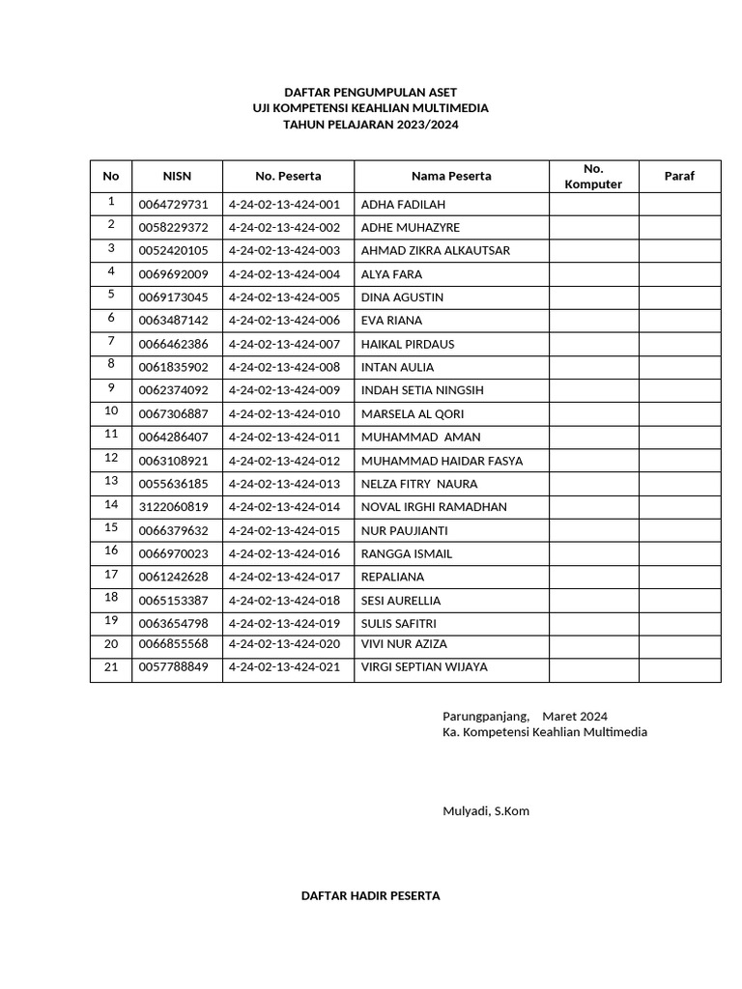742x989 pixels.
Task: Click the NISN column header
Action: click(x=177, y=176)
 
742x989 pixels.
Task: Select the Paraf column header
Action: click(x=679, y=176)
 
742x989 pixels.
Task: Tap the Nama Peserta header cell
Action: click(x=451, y=176)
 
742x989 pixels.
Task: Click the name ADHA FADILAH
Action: click(x=403, y=205)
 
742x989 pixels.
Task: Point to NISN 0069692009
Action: click(x=174, y=274)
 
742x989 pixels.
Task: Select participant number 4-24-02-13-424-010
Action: click(x=285, y=414)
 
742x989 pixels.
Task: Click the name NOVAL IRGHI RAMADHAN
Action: click(x=434, y=507)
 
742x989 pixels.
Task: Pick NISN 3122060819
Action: click(x=174, y=507)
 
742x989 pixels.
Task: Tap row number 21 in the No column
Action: click(x=111, y=666)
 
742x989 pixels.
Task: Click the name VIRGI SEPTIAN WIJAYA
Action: click(x=424, y=666)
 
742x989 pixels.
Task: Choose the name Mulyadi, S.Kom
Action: click(x=486, y=810)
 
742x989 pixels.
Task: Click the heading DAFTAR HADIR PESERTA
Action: click(x=371, y=895)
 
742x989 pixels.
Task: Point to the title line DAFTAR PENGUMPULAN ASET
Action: click(x=371, y=91)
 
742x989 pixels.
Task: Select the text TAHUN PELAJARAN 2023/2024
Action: click(x=371, y=125)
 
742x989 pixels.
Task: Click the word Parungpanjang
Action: click(x=486, y=716)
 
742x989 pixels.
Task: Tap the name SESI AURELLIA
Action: click(x=400, y=601)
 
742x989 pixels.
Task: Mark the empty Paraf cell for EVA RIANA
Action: click(x=679, y=321)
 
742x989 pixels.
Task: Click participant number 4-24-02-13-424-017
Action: click(x=285, y=577)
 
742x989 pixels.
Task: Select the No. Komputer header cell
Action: click(x=593, y=176)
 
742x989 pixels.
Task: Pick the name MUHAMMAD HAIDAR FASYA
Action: click(x=442, y=461)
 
